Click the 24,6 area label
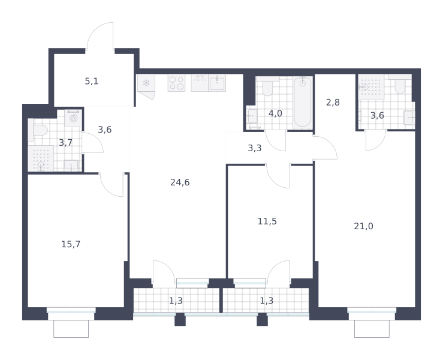tap(180, 182)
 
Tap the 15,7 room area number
tap(71, 244)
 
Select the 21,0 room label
tap(363, 226)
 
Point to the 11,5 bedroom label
tap(267, 221)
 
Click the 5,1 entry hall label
tap(92, 82)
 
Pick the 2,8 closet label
tap(333, 103)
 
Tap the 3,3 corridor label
tap(255, 148)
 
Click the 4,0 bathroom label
tap(275, 113)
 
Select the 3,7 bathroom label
tap(65, 143)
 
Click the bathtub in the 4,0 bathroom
tap(302, 103)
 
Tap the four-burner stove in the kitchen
tap(176, 83)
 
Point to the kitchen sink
tap(217, 83)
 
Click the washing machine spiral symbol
tap(73, 118)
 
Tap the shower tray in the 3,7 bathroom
tap(41, 158)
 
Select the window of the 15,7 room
tap(71, 311)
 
